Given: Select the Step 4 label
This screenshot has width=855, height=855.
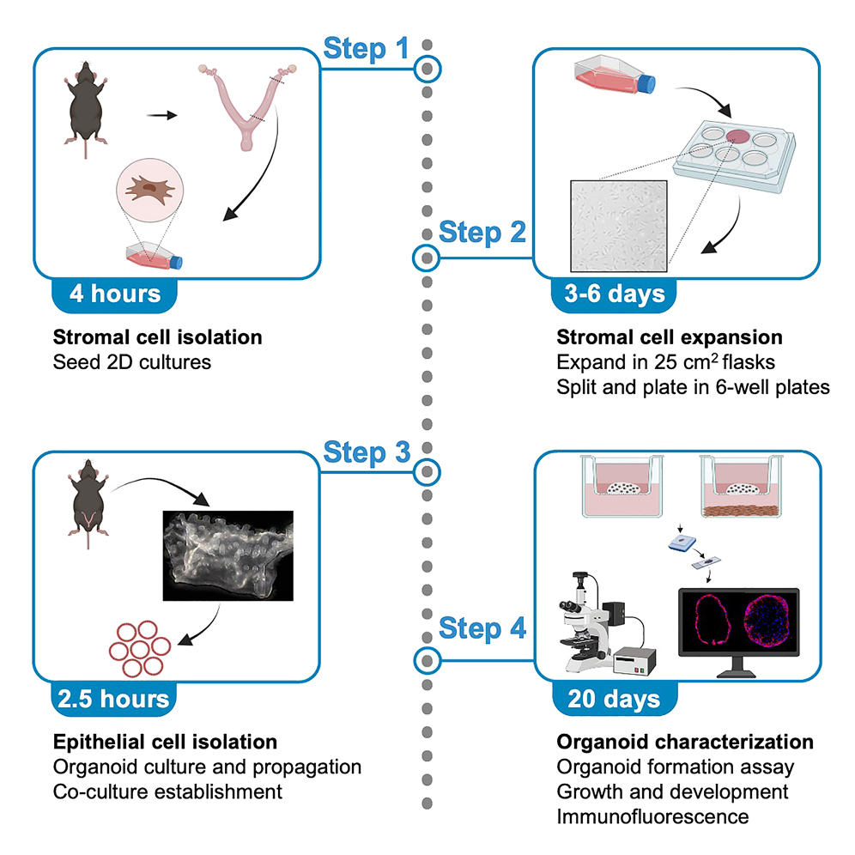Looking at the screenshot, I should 482,628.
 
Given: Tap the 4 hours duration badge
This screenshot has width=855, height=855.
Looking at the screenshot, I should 115,294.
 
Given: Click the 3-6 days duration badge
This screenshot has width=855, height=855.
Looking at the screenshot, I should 615,294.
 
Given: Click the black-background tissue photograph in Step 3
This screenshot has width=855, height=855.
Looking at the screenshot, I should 227,555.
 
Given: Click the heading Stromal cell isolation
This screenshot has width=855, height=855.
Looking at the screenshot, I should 158,337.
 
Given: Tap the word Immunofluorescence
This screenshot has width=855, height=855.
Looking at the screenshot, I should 652,815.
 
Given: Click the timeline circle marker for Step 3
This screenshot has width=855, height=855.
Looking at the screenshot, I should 427,471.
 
